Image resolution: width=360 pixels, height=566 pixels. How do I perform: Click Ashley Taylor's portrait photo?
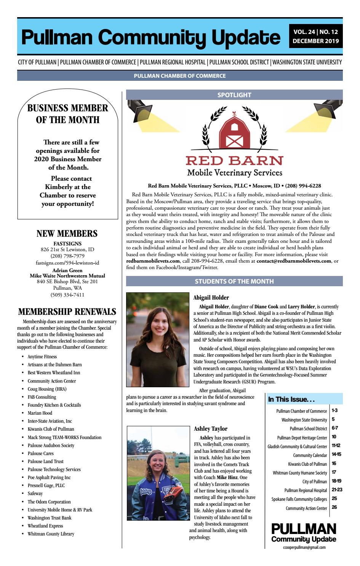[158, 473]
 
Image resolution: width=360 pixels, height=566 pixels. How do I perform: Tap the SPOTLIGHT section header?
[234, 95]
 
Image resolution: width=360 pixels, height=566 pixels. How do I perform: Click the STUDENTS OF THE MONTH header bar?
[234, 281]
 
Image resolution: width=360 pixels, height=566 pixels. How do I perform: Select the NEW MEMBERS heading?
[67, 234]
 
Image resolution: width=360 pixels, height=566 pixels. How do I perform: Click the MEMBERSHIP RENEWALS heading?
[67, 312]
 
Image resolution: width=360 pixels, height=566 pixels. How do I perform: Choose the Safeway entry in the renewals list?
[35, 494]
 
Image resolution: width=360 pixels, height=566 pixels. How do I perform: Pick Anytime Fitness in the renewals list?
[42, 357]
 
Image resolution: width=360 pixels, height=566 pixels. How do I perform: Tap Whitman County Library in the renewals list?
[51, 534]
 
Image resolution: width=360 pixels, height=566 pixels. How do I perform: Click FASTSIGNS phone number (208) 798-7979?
[67, 256]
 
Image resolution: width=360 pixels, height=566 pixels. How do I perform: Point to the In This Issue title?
[291, 399]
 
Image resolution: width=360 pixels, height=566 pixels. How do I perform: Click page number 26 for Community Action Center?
[334, 507]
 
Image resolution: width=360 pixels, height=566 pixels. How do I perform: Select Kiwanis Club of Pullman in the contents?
[307, 464]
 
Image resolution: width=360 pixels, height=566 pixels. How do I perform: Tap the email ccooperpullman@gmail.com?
[304, 547]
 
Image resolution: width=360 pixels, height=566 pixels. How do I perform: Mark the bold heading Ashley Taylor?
[211, 428]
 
